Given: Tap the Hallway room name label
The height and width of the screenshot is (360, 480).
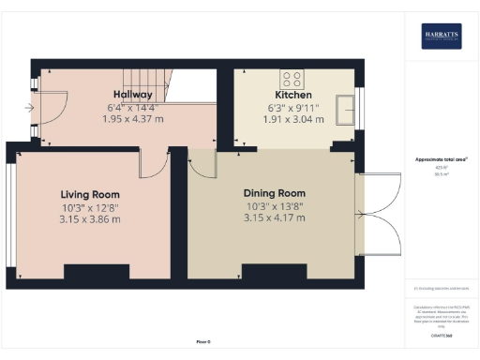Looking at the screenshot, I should click(x=134, y=95).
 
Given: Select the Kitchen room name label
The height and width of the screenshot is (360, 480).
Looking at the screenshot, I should click(x=292, y=95).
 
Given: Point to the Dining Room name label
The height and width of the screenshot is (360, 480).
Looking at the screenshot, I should click(x=276, y=194).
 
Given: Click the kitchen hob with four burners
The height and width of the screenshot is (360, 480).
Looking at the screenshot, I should click(x=291, y=78).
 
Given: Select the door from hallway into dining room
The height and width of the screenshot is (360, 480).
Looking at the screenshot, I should click(x=201, y=163).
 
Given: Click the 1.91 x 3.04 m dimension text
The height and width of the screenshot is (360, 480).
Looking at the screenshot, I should click(x=292, y=119).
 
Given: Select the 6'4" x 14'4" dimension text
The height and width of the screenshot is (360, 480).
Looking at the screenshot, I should click(x=134, y=107).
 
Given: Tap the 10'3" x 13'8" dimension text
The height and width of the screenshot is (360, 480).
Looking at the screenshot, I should click(x=276, y=207).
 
